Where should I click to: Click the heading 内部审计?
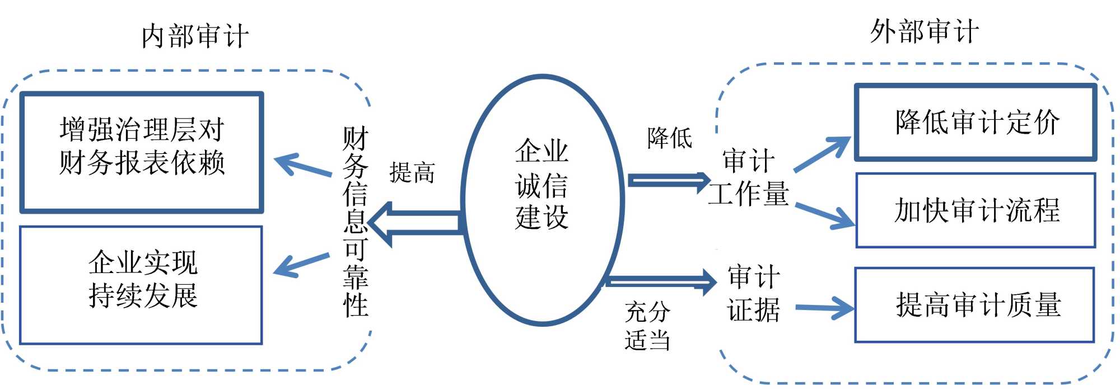(195, 36)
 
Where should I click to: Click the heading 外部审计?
(925, 31)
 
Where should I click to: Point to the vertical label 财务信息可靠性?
(356, 222)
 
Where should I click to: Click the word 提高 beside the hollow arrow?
(412, 172)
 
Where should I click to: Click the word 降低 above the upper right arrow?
(670, 138)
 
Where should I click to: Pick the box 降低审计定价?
(976, 123)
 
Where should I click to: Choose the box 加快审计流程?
(976, 210)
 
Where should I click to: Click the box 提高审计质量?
(975, 305)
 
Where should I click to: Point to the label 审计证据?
(754, 294)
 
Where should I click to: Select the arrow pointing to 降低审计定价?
(823, 153)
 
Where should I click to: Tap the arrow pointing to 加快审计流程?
(825, 215)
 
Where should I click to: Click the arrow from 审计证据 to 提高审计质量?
(825, 308)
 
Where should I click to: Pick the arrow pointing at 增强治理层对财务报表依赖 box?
(302, 166)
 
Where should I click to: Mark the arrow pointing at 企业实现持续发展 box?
(301, 265)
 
